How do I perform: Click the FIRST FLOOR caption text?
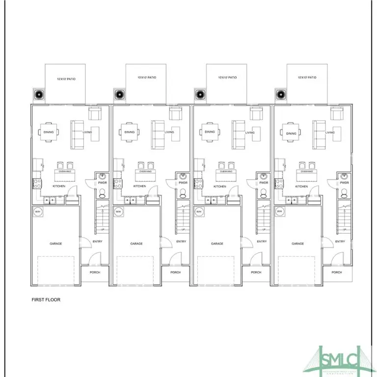(46, 299)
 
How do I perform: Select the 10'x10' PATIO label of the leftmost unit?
(65, 78)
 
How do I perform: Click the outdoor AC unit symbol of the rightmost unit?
(280, 94)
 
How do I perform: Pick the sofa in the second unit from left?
(158, 135)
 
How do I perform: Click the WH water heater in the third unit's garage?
(199, 212)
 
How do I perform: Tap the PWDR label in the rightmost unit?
(344, 183)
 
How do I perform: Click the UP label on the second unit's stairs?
(183, 230)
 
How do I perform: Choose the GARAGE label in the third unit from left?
(217, 243)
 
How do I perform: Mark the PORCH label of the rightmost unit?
(336, 272)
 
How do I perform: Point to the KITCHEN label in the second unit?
(139, 186)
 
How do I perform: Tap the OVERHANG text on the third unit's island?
(226, 172)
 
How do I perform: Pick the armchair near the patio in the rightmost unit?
(336, 114)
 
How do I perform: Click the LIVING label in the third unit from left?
(249, 133)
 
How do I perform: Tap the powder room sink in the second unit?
(183, 176)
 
